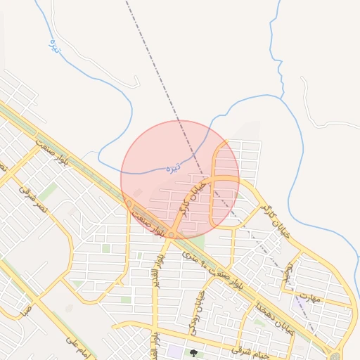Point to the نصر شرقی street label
[x=33, y=199]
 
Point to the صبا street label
[x=25, y=309]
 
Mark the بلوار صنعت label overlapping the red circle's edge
[x=150, y=222]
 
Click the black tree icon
[x=193, y=352]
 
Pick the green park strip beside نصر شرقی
[x=49, y=191]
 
